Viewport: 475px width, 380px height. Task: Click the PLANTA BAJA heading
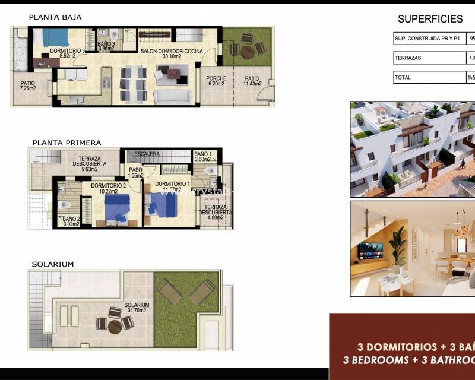coord(55,18)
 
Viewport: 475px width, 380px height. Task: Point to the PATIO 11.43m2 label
coord(252,81)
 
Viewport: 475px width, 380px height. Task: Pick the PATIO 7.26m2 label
coord(28,85)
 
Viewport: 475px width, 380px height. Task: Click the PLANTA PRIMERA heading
coord(66,143)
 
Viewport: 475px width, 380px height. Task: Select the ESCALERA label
coord(147,154)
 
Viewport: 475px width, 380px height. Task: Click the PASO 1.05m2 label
coord(136,173)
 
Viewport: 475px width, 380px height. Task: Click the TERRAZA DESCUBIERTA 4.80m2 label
coord(214,211)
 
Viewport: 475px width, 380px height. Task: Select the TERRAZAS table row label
coord(407,58)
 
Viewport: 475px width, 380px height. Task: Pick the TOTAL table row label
coord(403,77)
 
